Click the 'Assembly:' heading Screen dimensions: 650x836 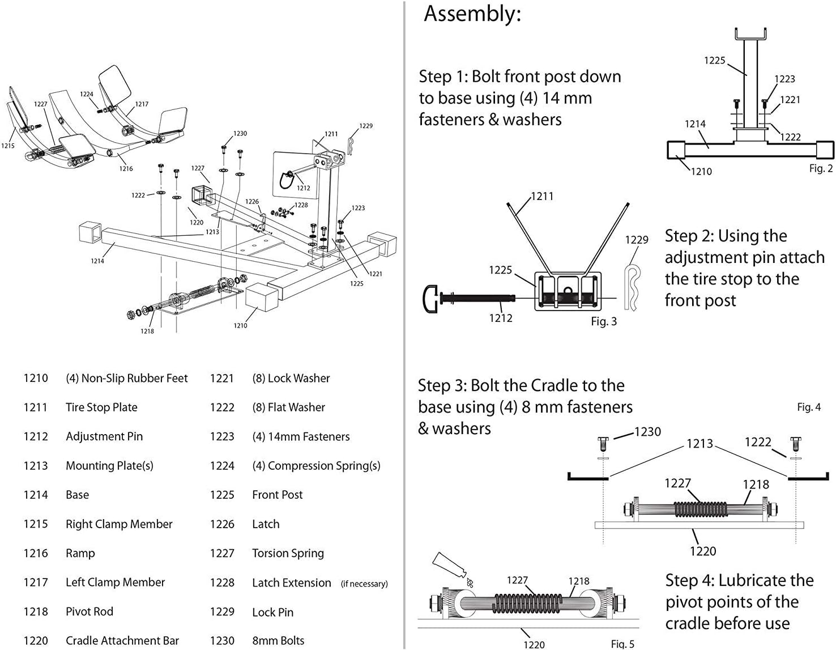(472, 14)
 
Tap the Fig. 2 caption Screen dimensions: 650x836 (821, 168)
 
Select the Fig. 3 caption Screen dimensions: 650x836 (604, 321)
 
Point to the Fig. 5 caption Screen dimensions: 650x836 (622, 644)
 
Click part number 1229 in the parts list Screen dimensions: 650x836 (222, 612)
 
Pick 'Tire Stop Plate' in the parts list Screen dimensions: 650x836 (101, 407)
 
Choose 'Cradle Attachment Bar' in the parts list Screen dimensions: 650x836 (122, 641)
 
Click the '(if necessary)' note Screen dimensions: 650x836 (364, 584)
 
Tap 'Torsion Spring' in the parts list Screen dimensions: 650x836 (288, 553)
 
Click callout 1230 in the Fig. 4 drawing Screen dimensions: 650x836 (647, 432)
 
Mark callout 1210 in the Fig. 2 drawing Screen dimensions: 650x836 (701, 171)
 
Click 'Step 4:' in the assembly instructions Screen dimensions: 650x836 (689, 581)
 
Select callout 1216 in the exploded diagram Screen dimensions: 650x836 (126, 168)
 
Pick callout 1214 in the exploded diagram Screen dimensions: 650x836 (97, 261)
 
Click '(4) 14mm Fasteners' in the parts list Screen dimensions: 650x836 (301, 437)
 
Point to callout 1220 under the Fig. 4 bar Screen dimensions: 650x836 (703, 551)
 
